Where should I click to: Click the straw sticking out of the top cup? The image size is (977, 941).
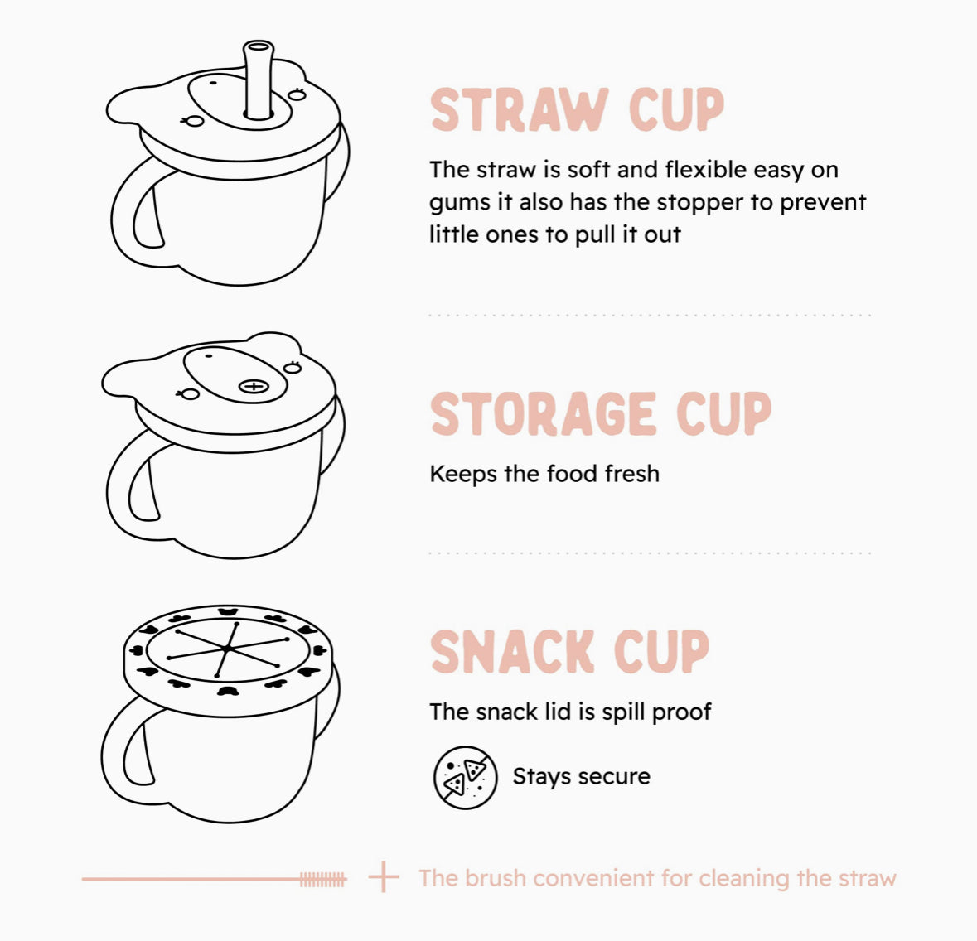click(x=259, y=79)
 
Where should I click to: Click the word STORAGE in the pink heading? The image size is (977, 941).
click(x=543, y=414)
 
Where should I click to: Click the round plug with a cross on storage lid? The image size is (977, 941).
click(x=254, y=386)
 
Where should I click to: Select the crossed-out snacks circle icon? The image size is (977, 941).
click(x=465, y=777)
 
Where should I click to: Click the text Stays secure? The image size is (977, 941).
click(x=581, y=777)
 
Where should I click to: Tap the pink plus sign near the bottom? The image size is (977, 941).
click(x=383, y=877)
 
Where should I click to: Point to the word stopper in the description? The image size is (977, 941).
click(x=701, y=202)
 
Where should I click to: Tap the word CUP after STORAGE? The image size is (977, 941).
click(x=723, y=414)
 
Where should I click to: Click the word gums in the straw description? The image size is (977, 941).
click(x=461, y=204)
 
